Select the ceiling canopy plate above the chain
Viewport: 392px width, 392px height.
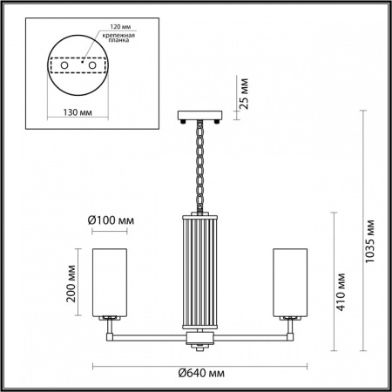(197, 114)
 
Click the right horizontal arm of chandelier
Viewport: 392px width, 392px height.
(244, 335)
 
